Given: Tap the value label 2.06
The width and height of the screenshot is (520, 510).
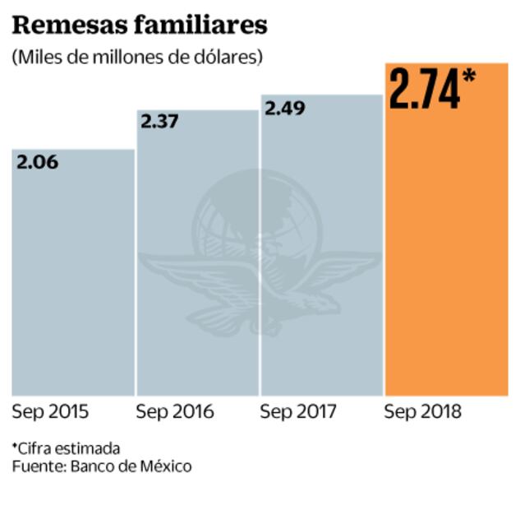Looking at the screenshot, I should [x=38, y=161].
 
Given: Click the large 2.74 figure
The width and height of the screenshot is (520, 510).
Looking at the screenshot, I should [x=424, y=90].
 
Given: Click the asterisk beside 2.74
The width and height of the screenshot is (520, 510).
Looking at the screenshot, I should [x=469, y=77].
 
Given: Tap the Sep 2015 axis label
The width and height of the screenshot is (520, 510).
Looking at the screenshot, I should [x=50, y=411].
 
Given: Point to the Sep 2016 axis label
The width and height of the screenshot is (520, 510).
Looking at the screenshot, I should [x=174, y=411].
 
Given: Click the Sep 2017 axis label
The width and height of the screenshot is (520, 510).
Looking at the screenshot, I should [x=298, y=411].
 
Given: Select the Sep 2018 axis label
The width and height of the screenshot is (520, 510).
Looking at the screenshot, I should [x=423, y=411].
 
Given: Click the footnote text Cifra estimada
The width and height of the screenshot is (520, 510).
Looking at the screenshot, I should [x=69, y=448].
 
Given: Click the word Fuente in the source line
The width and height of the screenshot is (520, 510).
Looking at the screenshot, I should [x=35, y=466].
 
